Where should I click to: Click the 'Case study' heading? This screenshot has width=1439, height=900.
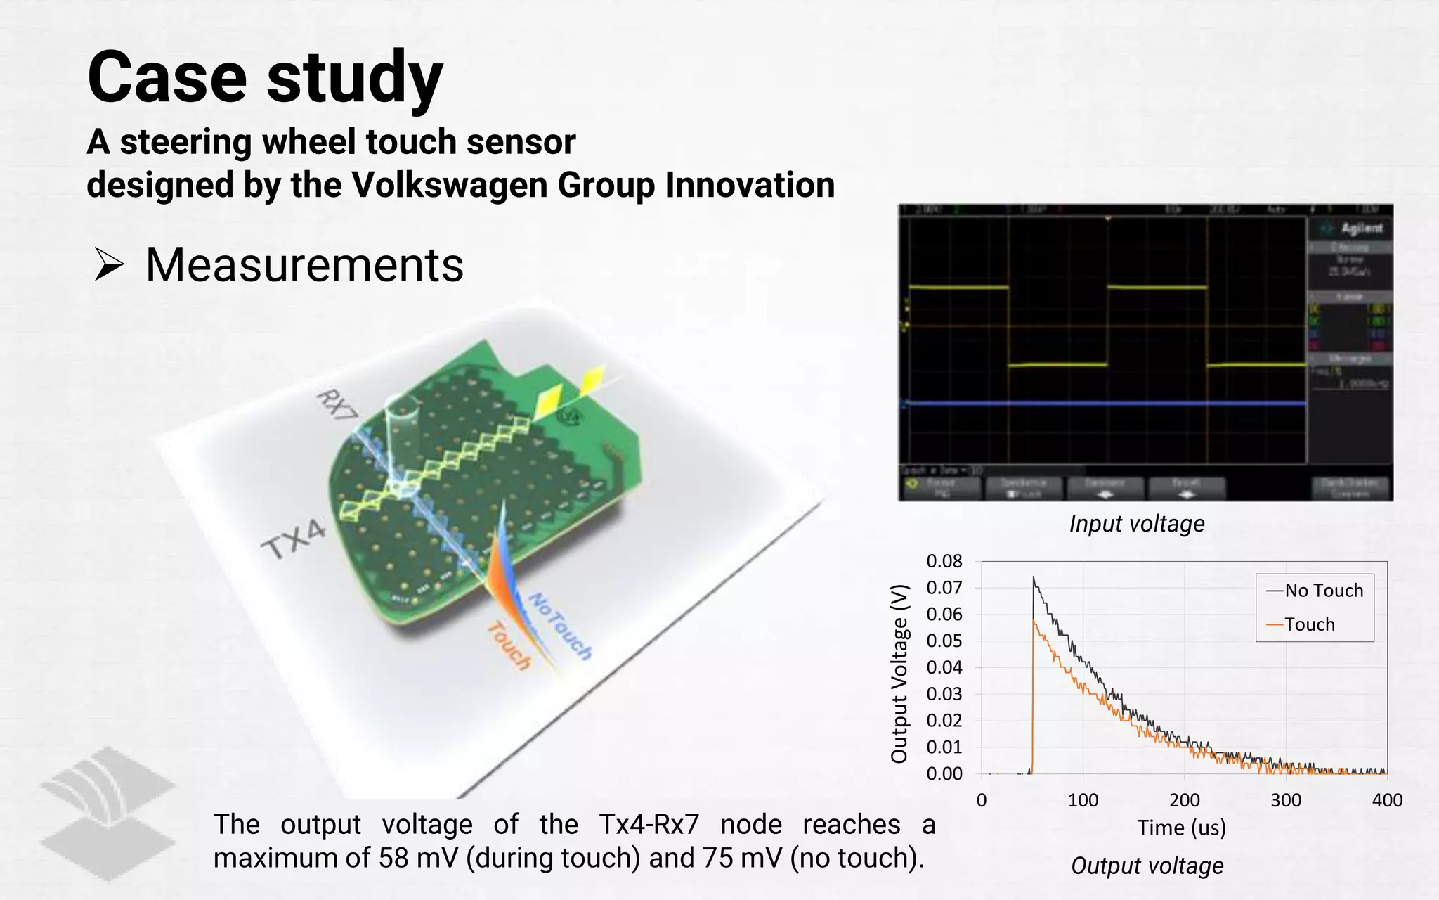click(265, 77)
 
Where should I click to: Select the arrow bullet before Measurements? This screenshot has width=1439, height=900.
click(109, 265)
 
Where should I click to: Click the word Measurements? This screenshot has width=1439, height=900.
click(304, 265)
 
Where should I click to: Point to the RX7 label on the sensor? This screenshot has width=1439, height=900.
click(337, 405)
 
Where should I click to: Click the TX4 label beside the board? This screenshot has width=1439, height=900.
click(294, 539)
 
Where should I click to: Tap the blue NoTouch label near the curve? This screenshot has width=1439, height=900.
click(560, 625)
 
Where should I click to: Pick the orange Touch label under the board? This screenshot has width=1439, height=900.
click(509, 645)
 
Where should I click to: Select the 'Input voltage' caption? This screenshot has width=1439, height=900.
click(1136, 524)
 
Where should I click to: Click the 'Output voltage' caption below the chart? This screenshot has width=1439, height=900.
click(1147, 866)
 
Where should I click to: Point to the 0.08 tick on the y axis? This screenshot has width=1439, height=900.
click(944, 561)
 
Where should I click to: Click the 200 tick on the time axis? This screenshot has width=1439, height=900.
click(1184, 800)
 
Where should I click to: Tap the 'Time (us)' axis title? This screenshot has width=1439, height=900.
click(1181, 828)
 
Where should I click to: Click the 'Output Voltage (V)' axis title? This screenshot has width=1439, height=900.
click(899, 674)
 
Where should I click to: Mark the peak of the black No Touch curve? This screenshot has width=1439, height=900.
click(1034, 578)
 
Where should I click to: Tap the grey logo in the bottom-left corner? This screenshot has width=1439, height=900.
click(107, 814)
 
